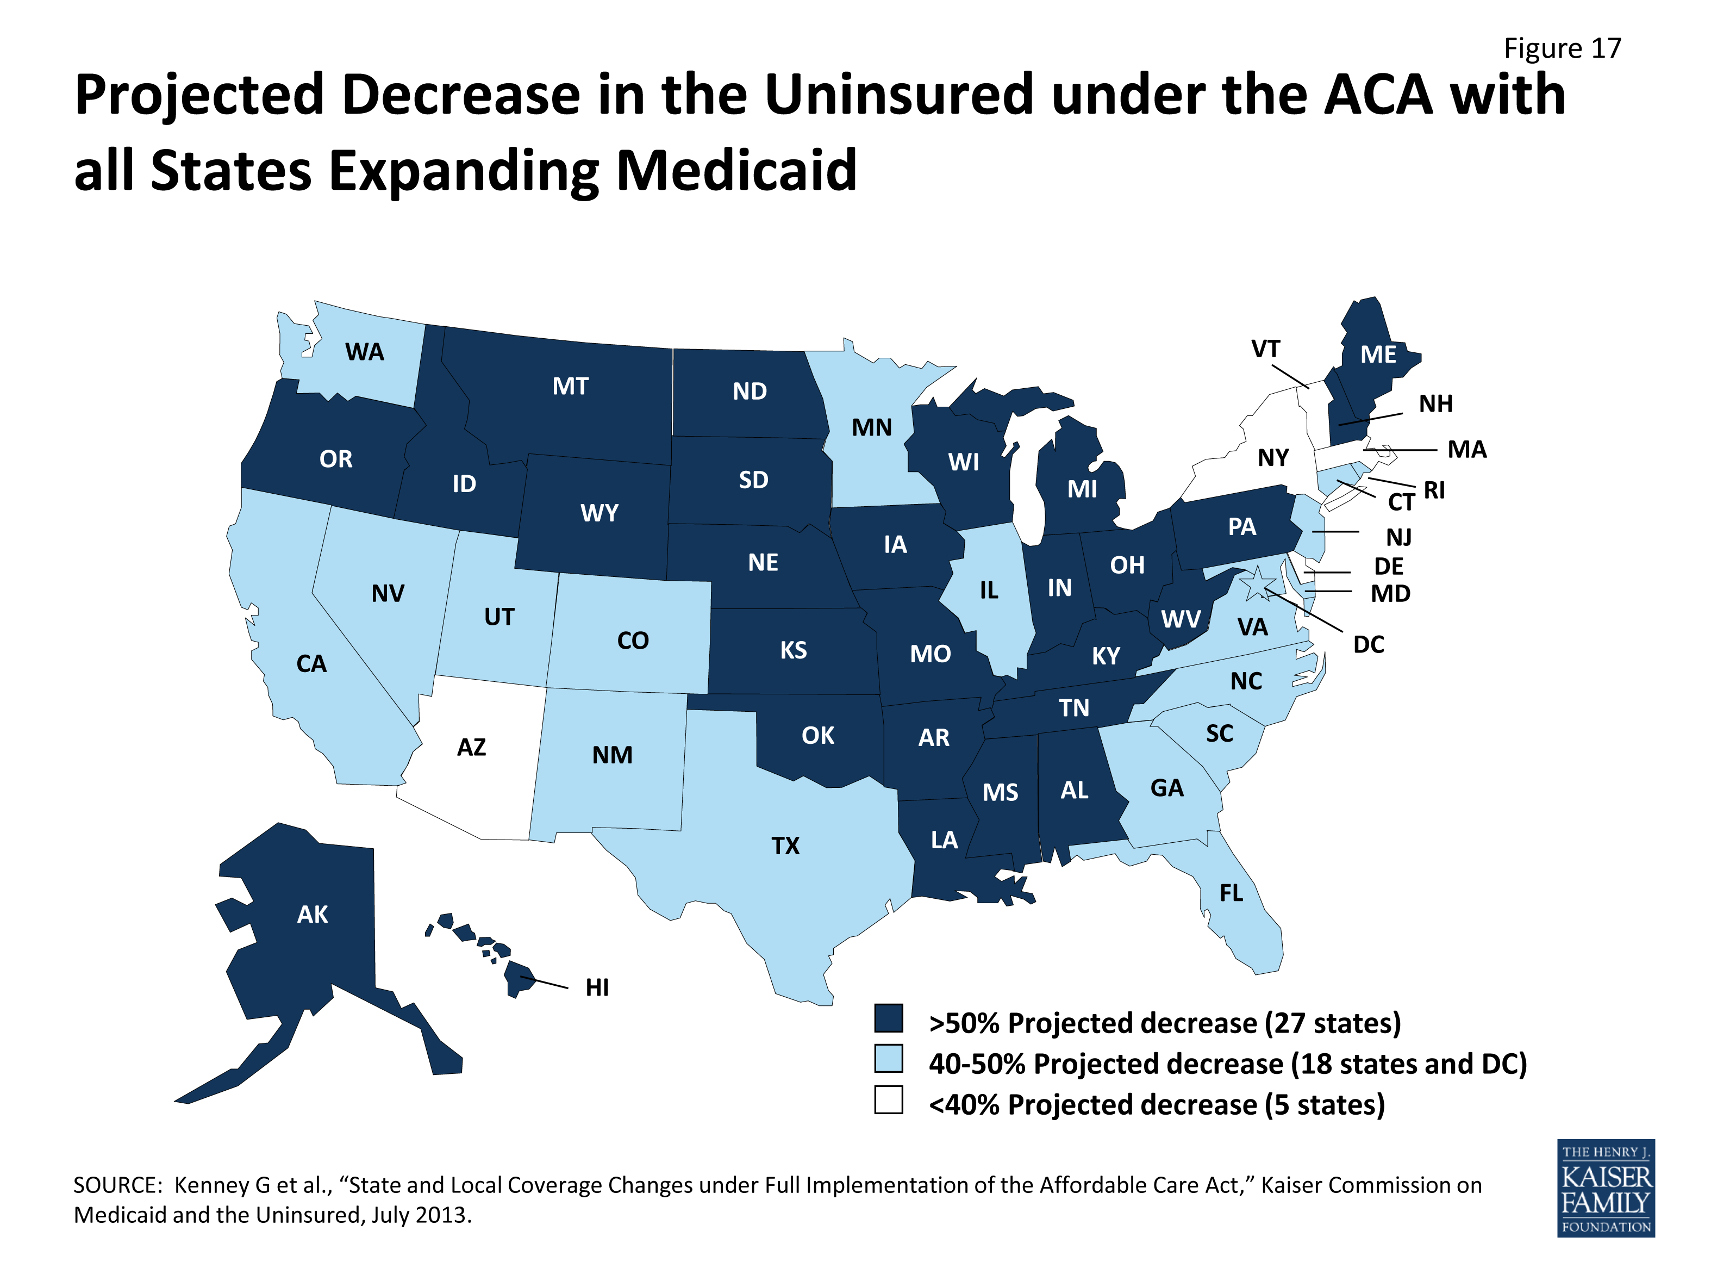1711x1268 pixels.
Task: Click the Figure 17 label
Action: pos(1562,48)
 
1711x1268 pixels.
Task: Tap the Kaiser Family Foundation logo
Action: pos(1607,1188)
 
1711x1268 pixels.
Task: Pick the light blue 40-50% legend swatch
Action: pos(889,1059)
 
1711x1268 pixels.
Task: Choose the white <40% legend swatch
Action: pos(889,1100)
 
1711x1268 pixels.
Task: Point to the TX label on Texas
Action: pos(785,846)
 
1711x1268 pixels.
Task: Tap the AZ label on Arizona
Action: pos(471,748)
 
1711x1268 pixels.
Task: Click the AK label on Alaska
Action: pos(313,914)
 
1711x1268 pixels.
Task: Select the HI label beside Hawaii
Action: pos(597,988)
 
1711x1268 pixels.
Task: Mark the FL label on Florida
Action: pos(1231,893)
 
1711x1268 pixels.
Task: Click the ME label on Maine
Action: pos(1378,355)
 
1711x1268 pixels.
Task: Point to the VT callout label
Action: pos(1265,349)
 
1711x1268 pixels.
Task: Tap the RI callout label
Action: pos(1434,490)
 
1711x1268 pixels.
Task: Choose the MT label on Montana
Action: pos(570,386)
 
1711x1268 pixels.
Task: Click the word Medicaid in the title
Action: pos(736,170)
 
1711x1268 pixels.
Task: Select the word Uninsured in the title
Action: pos(898,95)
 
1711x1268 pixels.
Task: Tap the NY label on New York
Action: pos(1273,458)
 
